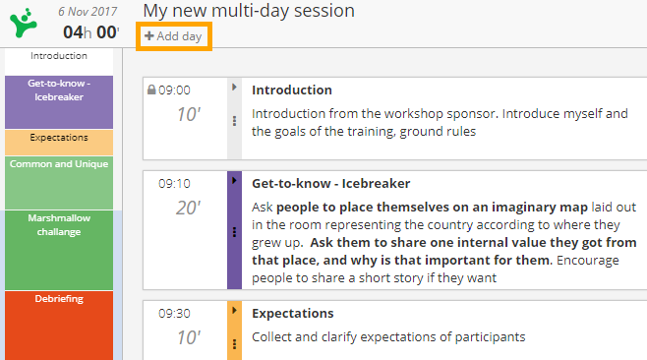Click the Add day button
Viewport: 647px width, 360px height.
point(173,36)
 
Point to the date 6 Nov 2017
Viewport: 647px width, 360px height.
point(88,12)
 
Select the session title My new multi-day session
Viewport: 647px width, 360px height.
point(249,11)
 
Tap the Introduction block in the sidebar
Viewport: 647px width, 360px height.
point(59,57)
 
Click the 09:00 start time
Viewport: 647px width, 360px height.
point(174,90)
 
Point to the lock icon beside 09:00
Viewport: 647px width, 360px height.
point(151,90)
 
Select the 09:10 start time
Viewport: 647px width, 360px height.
point(174,183)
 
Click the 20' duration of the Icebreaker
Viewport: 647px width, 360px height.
point(188,208)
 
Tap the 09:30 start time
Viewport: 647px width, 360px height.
point(174,313)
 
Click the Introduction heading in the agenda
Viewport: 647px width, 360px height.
point(292,90)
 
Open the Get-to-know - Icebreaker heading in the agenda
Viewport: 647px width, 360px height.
point(330,183)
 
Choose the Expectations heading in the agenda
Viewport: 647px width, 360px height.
point(292,313)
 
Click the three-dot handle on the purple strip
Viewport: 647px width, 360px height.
point(234,232)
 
